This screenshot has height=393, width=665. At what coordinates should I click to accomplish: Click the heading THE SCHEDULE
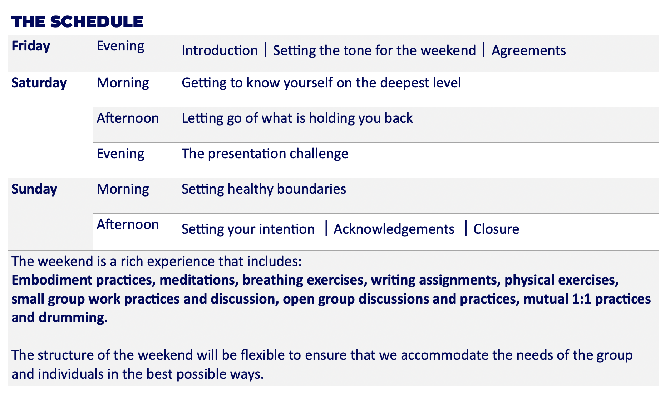77,21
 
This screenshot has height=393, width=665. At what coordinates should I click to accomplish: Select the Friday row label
31,46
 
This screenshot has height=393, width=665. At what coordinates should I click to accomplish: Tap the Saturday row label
39,83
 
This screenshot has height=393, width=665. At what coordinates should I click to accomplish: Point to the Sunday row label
34,189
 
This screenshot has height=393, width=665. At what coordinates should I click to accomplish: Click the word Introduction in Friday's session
220,50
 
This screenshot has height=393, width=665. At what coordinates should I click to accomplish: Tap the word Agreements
529,51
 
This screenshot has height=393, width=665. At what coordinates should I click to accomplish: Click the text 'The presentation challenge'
265,154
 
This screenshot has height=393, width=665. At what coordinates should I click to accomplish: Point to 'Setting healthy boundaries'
264,189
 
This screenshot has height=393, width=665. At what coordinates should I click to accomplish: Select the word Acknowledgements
394,229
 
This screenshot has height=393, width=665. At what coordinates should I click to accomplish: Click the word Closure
496,229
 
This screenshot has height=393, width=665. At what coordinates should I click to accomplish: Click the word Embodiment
52,280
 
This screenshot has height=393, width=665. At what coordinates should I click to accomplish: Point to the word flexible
263,355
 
